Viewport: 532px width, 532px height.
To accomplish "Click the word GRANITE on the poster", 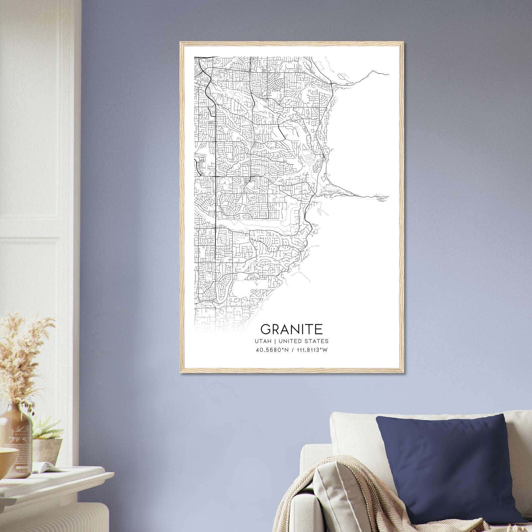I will point(291,329).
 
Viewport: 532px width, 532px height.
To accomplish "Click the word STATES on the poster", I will point(317,341).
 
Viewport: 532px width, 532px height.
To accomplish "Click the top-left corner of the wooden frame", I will point(181,43).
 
